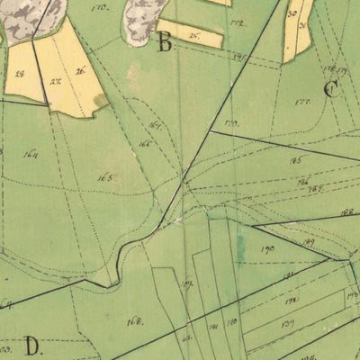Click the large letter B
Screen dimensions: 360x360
point(165,42)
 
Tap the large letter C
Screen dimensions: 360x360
point(331,89)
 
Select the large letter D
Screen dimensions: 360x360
point(33,345)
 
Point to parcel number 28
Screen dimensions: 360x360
point(20,74)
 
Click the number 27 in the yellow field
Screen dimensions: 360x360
point(55,81)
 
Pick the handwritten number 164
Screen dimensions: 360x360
point(31,153)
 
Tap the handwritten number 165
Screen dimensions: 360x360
point(105,177)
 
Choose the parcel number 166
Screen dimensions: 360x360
point(145,144)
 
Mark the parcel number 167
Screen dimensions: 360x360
point(156,125)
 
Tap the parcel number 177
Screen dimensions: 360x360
point(302,102)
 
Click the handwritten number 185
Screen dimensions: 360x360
point(295,159)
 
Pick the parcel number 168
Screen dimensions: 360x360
point(135,320)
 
